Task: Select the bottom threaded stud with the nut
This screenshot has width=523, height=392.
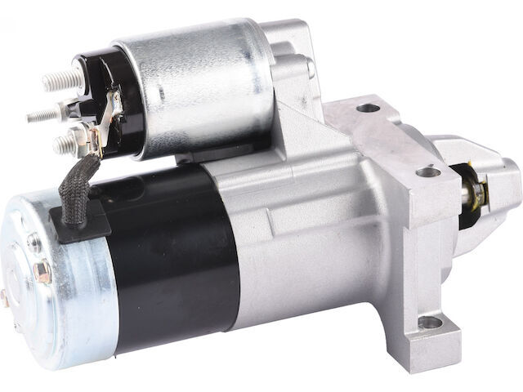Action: click(64, 145)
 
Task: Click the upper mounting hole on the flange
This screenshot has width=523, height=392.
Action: click(369, 107)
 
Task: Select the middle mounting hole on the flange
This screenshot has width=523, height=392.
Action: click(428, 172)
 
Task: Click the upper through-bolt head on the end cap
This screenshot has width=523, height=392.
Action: click(35, 243)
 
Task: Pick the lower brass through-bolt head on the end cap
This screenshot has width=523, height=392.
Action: click(42, 271)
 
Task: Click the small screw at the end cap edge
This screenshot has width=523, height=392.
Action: click(7, 298)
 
